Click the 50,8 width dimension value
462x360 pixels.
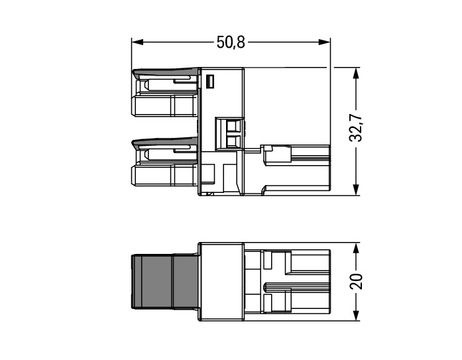click(x=231, y=42)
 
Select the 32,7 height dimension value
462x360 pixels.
click(x=356, y=127)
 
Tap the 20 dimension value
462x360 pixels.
click(x=356, y=281)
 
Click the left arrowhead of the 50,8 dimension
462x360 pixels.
click(x=137, y=42)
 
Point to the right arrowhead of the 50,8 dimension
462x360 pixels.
click(x=324, y=42)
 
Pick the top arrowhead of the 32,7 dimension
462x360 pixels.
click(x=356, y=74)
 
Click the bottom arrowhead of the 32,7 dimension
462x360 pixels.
click(x=356, y=189)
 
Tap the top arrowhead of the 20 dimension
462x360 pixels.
click(x=356, y=249)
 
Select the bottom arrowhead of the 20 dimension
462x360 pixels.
click(x=356, y=315)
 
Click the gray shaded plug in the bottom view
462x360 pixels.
click(x=164, y=282)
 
